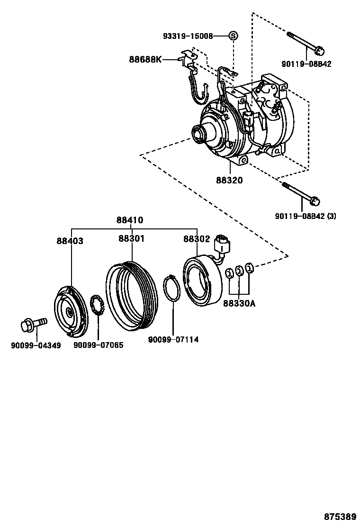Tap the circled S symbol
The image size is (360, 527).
(233, 36)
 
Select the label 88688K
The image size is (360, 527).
(145, 59)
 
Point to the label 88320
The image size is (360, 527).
(229, 181)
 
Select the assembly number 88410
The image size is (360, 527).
(130, 220)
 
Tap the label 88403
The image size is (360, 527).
(70, 241)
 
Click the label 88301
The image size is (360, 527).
(131, 239)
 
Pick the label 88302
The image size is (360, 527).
(197, 239)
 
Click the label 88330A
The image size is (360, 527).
(239, 303)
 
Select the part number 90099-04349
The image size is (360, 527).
(36, 345)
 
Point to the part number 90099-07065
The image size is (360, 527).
(98, 345)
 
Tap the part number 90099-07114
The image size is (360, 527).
(173, 339)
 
